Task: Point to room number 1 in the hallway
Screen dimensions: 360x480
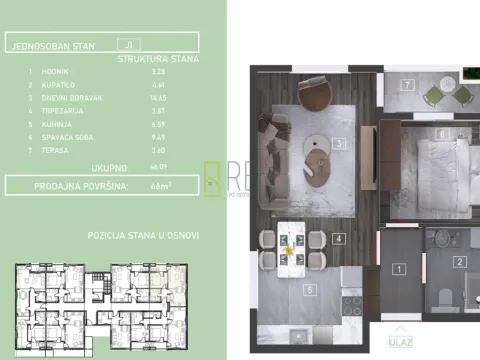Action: [x=397, y=268]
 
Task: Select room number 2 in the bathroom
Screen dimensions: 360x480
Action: [x=459, y=263]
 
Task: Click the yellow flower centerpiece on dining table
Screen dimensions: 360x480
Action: [x=291, y=251]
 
